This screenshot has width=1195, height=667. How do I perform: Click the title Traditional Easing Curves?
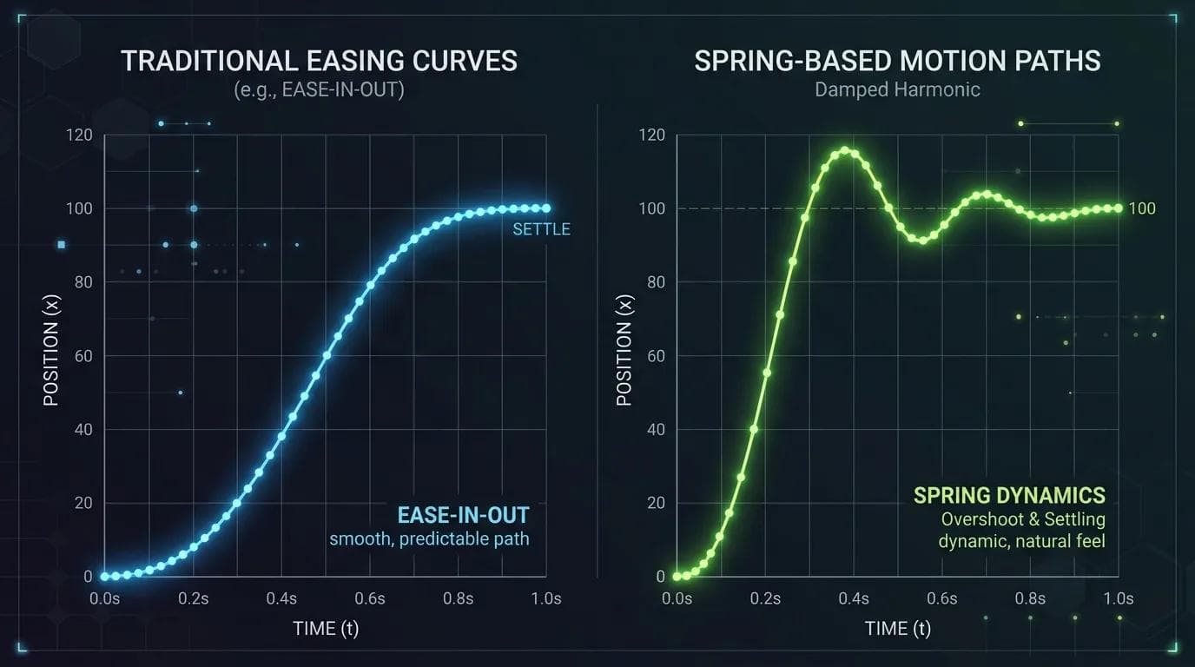(319, 61)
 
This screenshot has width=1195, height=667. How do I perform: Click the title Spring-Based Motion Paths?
(897, 61)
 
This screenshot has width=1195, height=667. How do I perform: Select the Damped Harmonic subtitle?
(897, 89)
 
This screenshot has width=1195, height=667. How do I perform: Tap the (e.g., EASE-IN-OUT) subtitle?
(319, 89)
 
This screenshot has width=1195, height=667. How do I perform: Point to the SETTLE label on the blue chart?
(542, 229)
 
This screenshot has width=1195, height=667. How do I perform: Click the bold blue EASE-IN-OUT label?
(463, 515)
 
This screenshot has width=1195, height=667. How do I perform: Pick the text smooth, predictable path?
(429, 539)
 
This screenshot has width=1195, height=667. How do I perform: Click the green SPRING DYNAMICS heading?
(1009, 495)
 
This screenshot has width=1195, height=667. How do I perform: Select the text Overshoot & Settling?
(1023, 519)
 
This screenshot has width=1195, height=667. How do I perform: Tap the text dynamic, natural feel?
(1022, 541)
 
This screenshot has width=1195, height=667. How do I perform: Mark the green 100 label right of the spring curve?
(1142, 208)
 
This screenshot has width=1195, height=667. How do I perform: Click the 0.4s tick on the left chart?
(281, 598)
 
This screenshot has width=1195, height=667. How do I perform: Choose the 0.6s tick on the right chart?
(941, 598)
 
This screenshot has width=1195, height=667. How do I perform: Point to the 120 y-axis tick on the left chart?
(80, 135)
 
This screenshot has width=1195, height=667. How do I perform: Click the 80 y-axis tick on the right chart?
(657, 282)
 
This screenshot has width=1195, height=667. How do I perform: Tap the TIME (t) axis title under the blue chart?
(326, 629)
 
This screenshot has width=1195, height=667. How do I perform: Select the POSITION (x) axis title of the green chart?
(624, 351)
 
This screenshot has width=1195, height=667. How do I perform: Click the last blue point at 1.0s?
(546, 208)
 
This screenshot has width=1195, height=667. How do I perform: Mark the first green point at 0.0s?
(677, 577)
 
